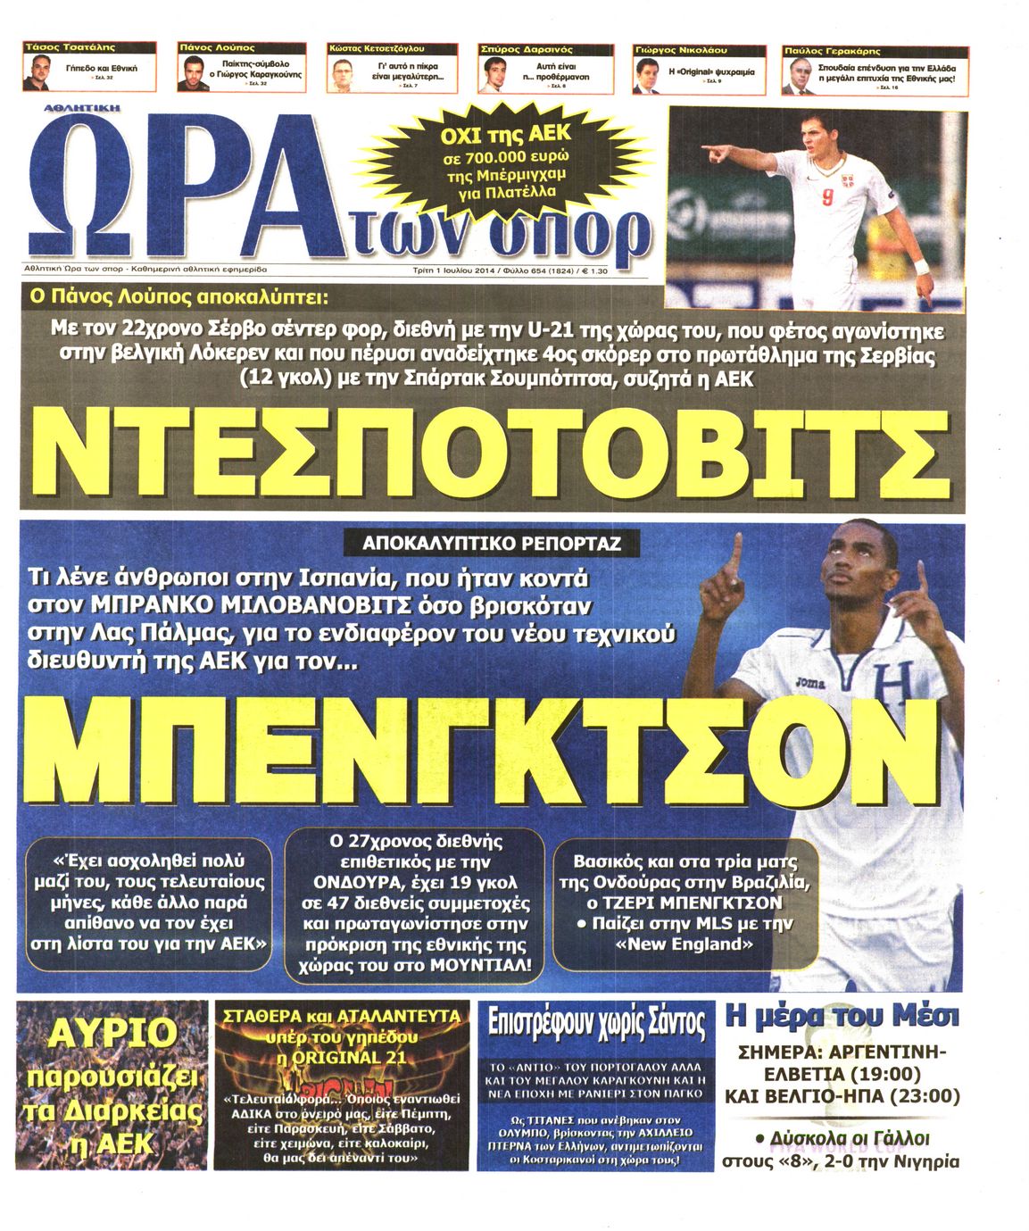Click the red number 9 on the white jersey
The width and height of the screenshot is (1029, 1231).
pos(827,199)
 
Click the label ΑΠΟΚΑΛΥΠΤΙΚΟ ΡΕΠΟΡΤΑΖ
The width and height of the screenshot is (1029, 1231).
pos(492,543)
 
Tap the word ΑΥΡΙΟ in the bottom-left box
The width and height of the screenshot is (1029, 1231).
pos(112,1033)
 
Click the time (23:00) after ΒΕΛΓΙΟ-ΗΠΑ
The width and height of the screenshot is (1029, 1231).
pos(931,1095)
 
